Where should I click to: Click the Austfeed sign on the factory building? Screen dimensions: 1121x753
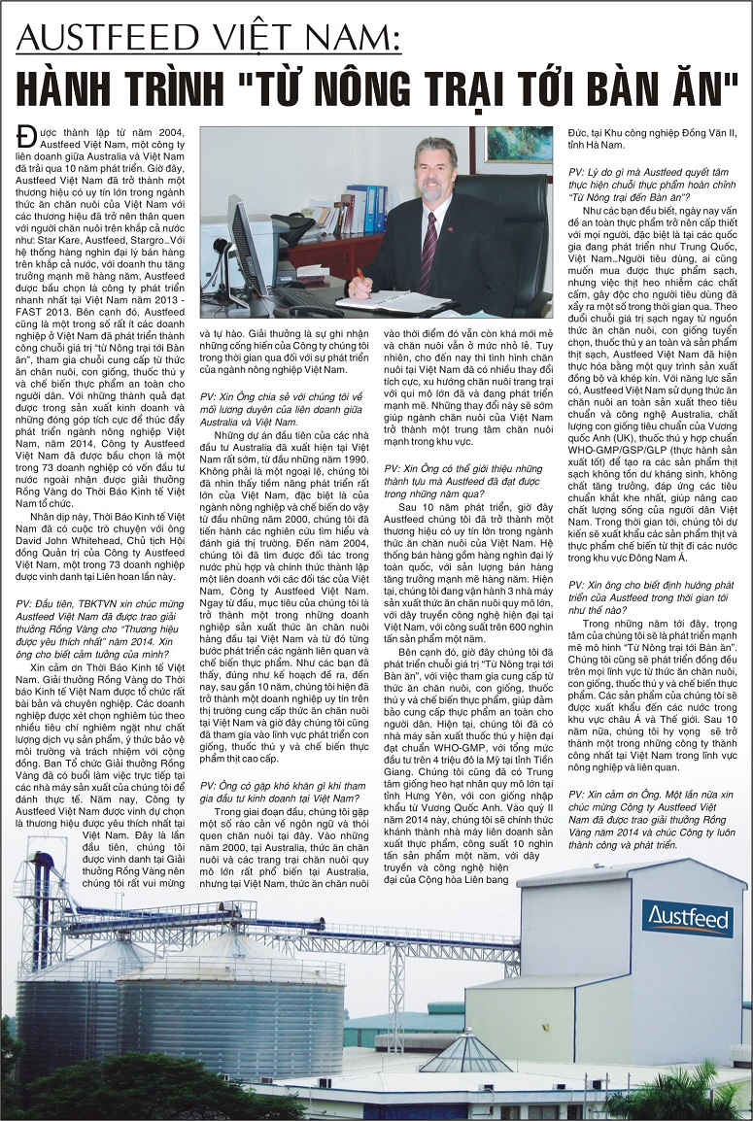(686, 917)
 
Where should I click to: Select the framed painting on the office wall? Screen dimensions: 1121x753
(518, 145)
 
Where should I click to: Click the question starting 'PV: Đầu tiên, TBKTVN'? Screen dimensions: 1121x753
(98, 622)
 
